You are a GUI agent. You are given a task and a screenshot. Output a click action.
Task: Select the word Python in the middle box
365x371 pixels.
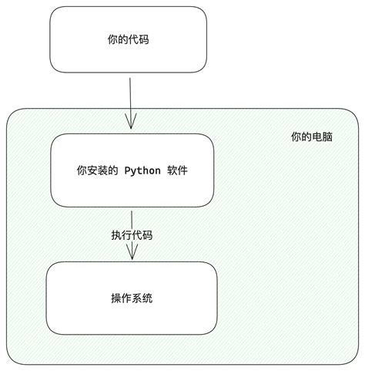pyautogui.click(x=142, y=170)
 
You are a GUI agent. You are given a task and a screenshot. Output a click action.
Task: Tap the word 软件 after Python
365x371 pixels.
pyautogui.click(x=178, y=170)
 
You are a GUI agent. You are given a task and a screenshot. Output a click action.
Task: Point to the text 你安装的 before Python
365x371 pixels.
pyautogui.click(x=97, y=170)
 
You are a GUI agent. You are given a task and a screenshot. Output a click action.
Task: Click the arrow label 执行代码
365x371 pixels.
pyautogui.click(x=132, y=235)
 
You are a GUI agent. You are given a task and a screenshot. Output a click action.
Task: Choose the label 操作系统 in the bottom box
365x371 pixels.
pyautogui.click(x=132, y=298)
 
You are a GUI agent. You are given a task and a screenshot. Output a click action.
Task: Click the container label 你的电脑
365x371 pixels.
pyautogui.click(x=312, y=137)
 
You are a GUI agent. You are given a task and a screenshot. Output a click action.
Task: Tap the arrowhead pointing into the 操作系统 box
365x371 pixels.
pyautogui.click(x=132, y=253)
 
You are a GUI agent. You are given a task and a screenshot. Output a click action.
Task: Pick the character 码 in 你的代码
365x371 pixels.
pyautogui.click(x=143, y=39)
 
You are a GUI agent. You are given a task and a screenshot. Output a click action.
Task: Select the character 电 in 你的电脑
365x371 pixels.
pyautogui.click(x=317, y=137)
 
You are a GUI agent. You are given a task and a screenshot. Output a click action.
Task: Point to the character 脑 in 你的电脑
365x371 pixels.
pyautogui.click(x=328, y=137)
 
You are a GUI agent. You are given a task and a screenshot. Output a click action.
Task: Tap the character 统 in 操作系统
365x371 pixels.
pyautogui.click(x=148, y=298)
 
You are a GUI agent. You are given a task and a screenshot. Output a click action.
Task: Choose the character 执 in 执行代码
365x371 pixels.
pyautogui.click(x=116, y=235)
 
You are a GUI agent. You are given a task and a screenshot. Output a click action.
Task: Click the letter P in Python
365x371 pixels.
pyautogui.click(x=127, y=170)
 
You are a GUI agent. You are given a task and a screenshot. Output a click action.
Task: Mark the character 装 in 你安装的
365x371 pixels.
pyautogui.click(x=102, y=170)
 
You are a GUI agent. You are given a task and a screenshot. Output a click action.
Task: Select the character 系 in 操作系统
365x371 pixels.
pyautogui.click(x=137, y=298)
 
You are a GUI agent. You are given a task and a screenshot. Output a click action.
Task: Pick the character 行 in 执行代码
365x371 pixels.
pyautogui.click(x=126, y=235)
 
